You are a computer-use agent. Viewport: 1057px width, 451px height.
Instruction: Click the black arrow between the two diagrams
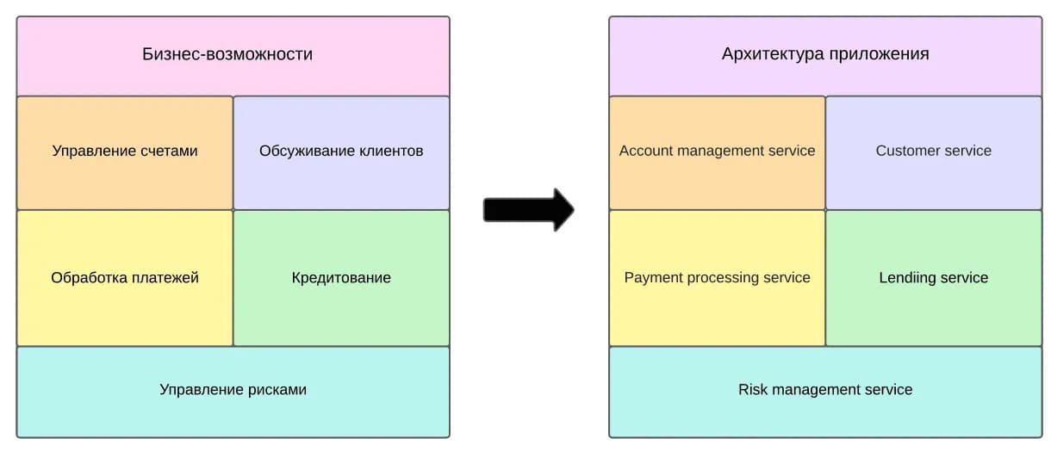coord(529,210)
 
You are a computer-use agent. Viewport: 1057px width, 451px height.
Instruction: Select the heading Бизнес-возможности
coord(227,54)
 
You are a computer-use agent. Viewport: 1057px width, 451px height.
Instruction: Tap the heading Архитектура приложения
coord(825,54)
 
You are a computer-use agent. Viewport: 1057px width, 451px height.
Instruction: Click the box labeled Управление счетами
coord(125,153)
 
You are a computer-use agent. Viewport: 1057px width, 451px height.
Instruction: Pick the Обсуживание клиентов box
coord(341,153)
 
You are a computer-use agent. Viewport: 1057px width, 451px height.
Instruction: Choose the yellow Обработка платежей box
coord(125,278)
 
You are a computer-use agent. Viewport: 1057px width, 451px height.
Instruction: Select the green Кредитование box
coord(341,278)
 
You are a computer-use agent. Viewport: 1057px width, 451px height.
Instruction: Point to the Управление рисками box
coord(233,392)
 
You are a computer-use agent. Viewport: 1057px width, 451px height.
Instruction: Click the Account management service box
coord(718,153)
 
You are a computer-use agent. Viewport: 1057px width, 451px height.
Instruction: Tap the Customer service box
coord(934,153)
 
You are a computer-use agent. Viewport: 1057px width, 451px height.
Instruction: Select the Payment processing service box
coord(718,278)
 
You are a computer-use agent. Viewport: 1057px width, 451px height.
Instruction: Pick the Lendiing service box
coord(934,278)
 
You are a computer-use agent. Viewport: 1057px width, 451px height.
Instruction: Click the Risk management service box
coord(825,392)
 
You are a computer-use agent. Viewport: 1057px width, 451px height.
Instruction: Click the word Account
coord(644,151)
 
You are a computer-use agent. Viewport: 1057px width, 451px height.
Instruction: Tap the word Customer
coord(905,151)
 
